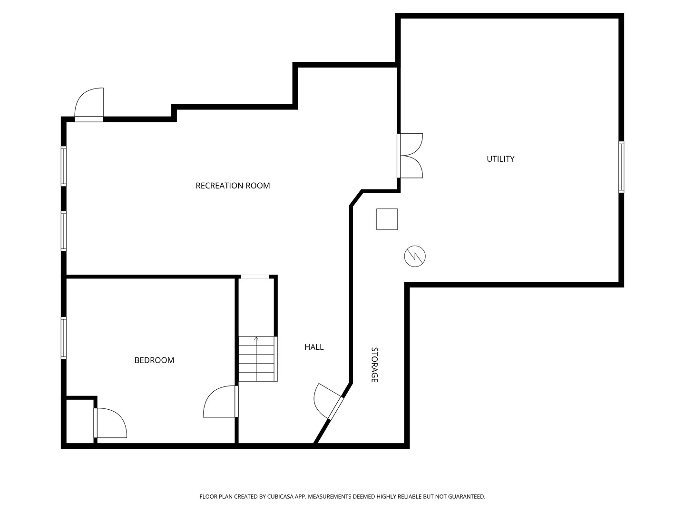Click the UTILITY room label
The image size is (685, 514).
click(x=500, y=159)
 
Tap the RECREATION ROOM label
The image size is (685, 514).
click(x=233, y=186)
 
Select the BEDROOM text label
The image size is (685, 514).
click(x=154, y=360)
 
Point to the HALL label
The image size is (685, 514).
click(x=314, y=347)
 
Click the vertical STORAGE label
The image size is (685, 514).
click(x=374, y=365)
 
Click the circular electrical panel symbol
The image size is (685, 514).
click(x=415, y=256)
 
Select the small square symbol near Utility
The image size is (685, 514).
click(x=387, y=219)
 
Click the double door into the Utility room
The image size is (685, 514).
click(x=410, y=156)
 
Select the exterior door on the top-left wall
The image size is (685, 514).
click(x=89, y=105)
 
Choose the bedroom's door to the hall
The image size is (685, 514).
click(x=221, y=401)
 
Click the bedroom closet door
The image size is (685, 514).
click(x=110, y=423)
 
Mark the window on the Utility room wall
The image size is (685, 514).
click(x=621, y=167)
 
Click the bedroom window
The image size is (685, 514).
click(x=64, y=338)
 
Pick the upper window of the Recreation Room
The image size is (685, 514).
click(x=64, y=166)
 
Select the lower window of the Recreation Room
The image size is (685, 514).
click(x=64, y=231)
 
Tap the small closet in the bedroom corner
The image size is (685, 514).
click(x=80, y=421)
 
